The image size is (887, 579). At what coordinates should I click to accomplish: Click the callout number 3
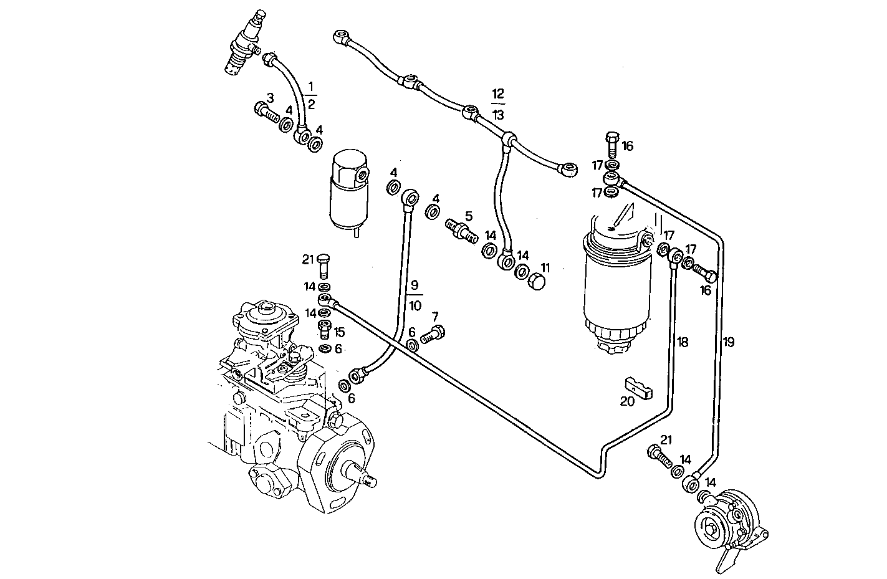[x=270, y=97]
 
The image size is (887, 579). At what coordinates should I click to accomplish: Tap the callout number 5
[x=468, y=216]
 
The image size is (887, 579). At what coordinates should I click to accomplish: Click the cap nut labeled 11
[x=536, y=282]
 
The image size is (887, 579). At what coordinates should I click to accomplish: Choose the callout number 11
[x=545, y=267]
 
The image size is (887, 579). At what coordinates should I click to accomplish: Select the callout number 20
[x=626, y=402]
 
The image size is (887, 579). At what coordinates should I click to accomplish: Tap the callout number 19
[x=728, y=342]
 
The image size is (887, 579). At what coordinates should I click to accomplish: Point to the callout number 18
[x=683, y=342]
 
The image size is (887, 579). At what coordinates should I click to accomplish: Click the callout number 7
[x=434, y=317]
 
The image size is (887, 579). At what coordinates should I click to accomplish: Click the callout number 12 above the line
[x=497, y=94]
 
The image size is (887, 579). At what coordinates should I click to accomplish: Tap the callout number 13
[x=497, y=115]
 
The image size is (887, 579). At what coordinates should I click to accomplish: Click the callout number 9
[x=415, y=287]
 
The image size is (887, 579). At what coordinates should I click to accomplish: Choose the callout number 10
[x=415, y=306]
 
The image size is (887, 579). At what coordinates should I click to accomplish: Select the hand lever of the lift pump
[x=729, y=558]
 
